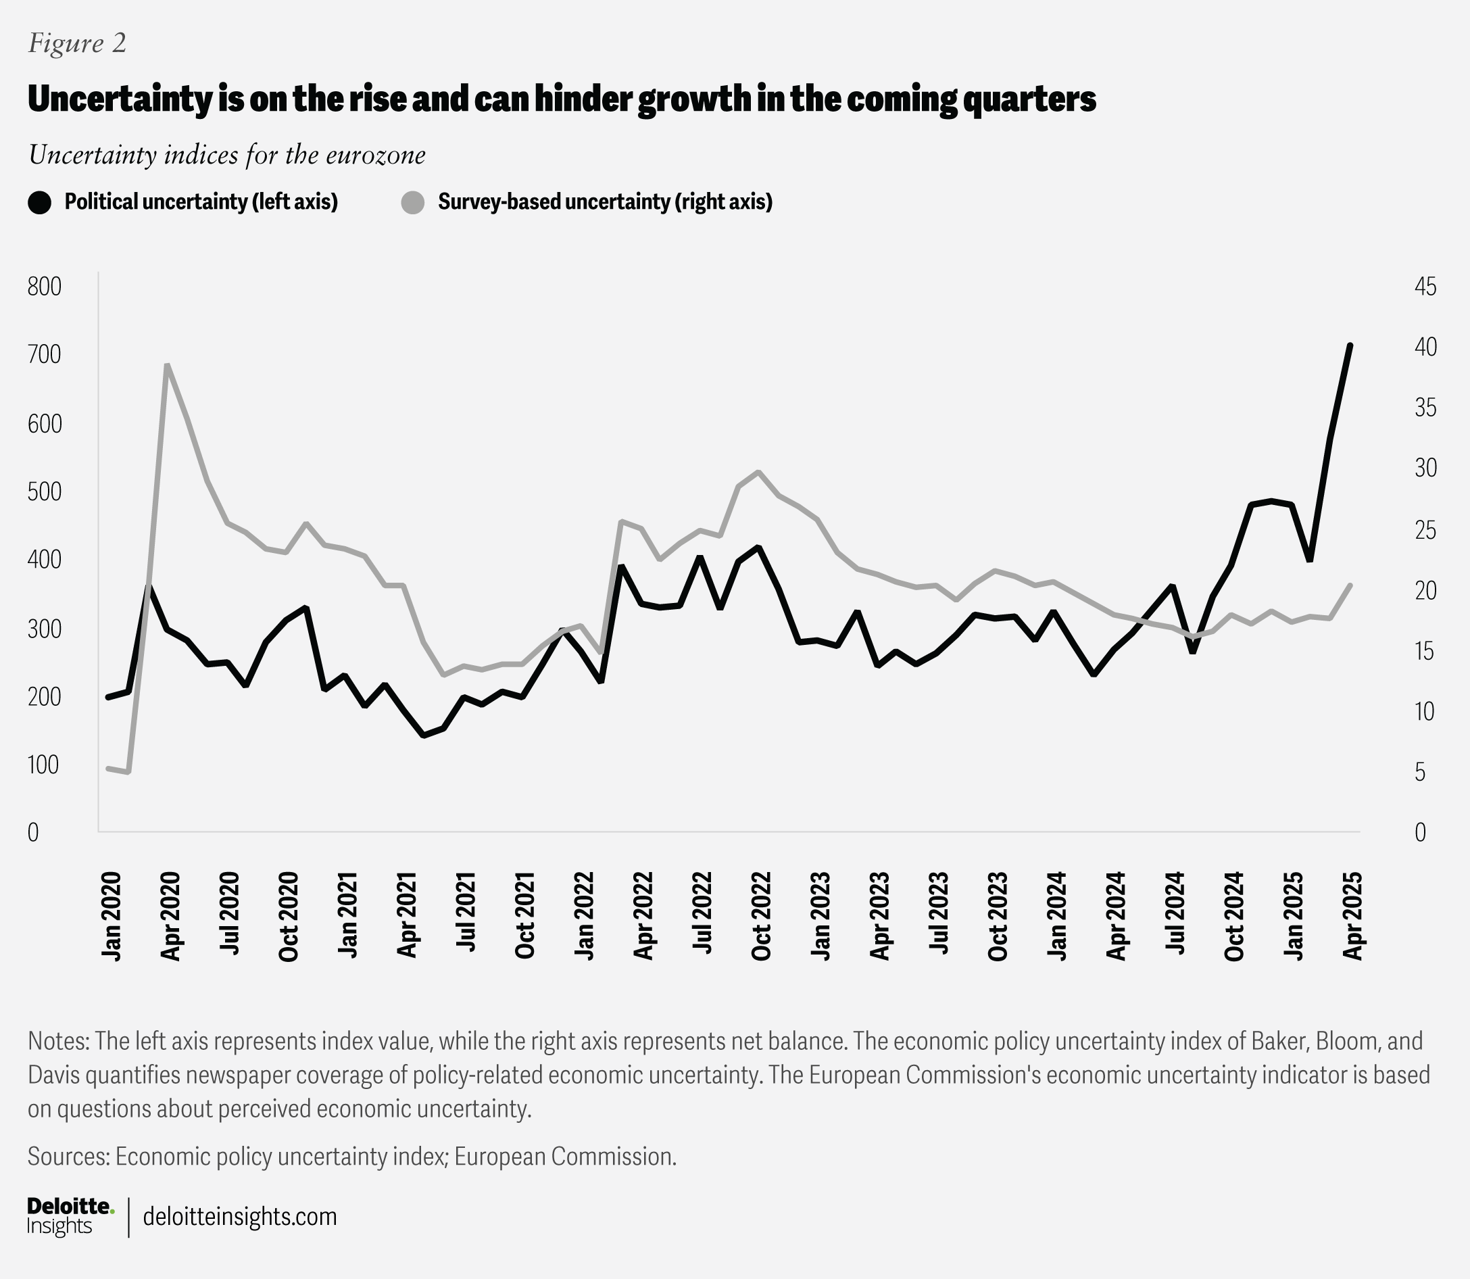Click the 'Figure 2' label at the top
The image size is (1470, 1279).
coord(77,43)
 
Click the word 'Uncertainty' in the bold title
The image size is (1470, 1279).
coord(119,100)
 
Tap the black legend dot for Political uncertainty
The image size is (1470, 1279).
coord(40,202)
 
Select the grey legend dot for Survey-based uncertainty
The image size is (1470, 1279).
coord(412,202)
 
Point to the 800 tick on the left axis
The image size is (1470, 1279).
coord(44,287)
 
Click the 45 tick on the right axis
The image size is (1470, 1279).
coord(1425,287)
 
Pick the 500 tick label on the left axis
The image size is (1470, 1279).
coord(44,491)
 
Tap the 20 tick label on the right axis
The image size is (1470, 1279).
coord(1425,590)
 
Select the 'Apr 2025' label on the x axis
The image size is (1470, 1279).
coord(1353,916)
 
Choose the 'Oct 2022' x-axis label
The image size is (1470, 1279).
coord(761,916)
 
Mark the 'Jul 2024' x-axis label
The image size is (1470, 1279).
coord(1175,916)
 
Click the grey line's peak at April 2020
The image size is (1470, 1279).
coord(167,366)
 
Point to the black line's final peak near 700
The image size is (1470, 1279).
coord(1350,345)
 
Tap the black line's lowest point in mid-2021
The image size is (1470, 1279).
coord(424,735)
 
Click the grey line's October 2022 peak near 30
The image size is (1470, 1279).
coord(758,472)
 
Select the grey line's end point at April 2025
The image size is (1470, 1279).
coord(1350,585)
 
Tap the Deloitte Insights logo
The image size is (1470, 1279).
coord(70,1216)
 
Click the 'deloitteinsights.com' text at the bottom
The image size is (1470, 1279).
coord(240,1216)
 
